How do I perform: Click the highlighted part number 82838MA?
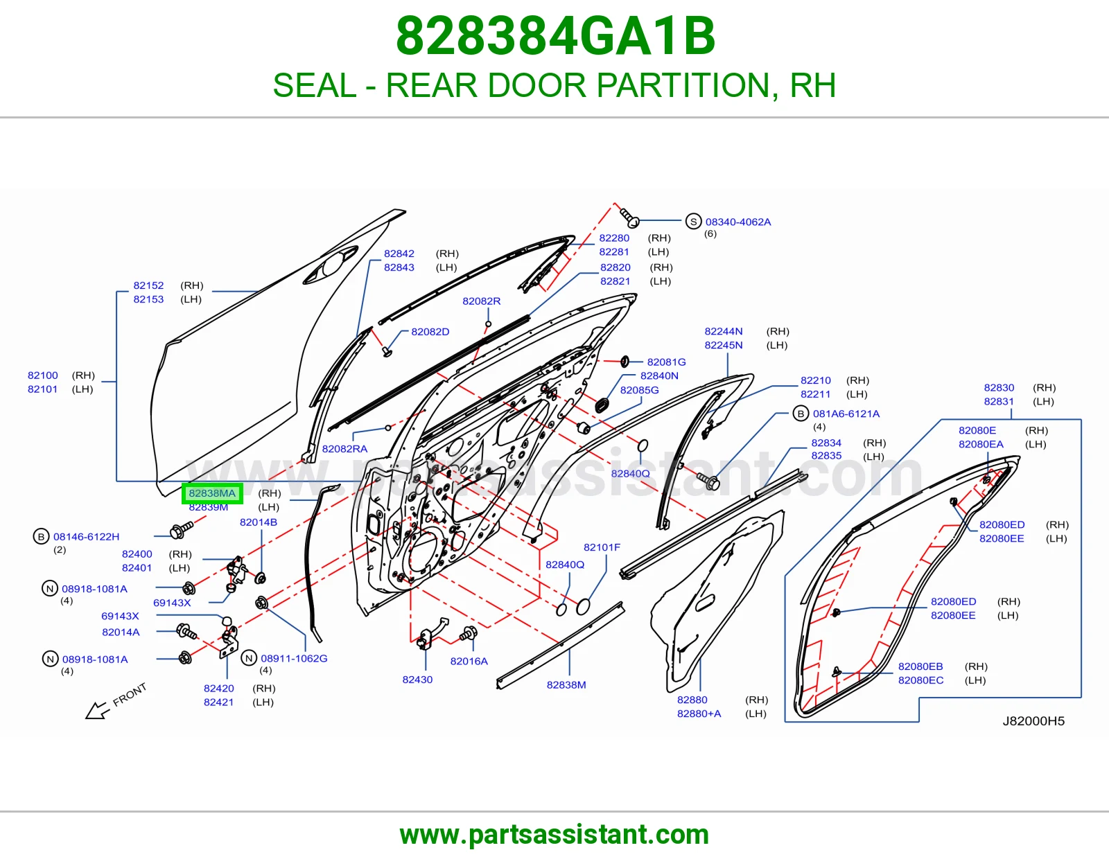tap(212, 493)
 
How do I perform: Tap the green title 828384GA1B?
tap(555, 36)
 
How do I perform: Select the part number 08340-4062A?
tap(738, 222)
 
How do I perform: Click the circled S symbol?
tap(693, 222)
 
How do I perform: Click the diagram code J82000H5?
tap(1033, 720)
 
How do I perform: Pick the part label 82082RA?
tap(344, 449)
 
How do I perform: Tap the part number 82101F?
tap(602, 547)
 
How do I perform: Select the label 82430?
tap(417, 680)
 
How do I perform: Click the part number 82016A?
tap(469, 661)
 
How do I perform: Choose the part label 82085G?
tap(640, 390)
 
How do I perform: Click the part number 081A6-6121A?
tap(846, 414)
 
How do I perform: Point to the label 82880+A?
tap(699, 714)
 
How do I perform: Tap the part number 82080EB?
tap(920, 666)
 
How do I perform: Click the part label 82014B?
tap(259, 522)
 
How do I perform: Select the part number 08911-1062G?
tap(294, 659)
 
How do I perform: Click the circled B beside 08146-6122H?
tap(41, 537)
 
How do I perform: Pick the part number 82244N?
tap(724, 332)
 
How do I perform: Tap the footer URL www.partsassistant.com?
tap(554, 835)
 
